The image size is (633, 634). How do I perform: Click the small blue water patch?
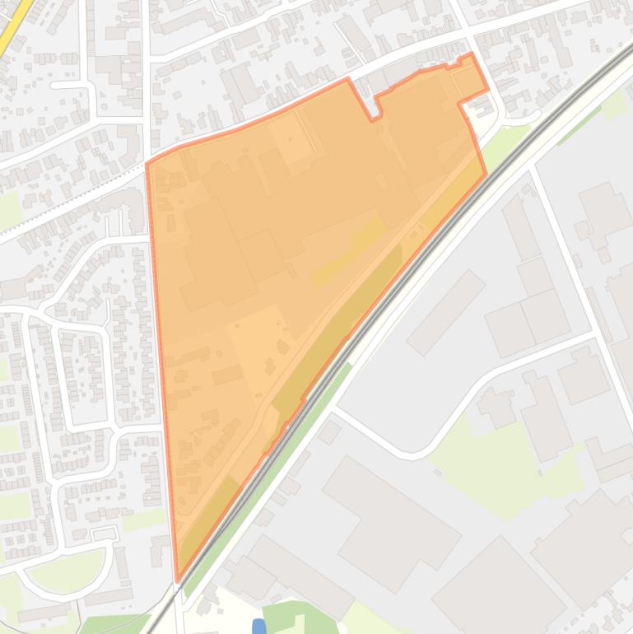tap(259, 627)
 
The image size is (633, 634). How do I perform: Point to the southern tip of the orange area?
tap(178, 579)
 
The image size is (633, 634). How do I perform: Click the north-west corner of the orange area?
tap(148, 164)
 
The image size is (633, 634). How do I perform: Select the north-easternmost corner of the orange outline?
tap(472, 55)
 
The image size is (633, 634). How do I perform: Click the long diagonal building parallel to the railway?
tap(445, 312)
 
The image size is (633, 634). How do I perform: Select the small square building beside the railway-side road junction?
tap(329, 431)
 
